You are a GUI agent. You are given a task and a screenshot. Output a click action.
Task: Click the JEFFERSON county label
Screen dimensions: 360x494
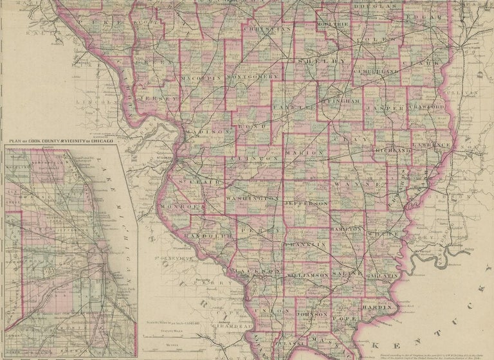tap(306, 202)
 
